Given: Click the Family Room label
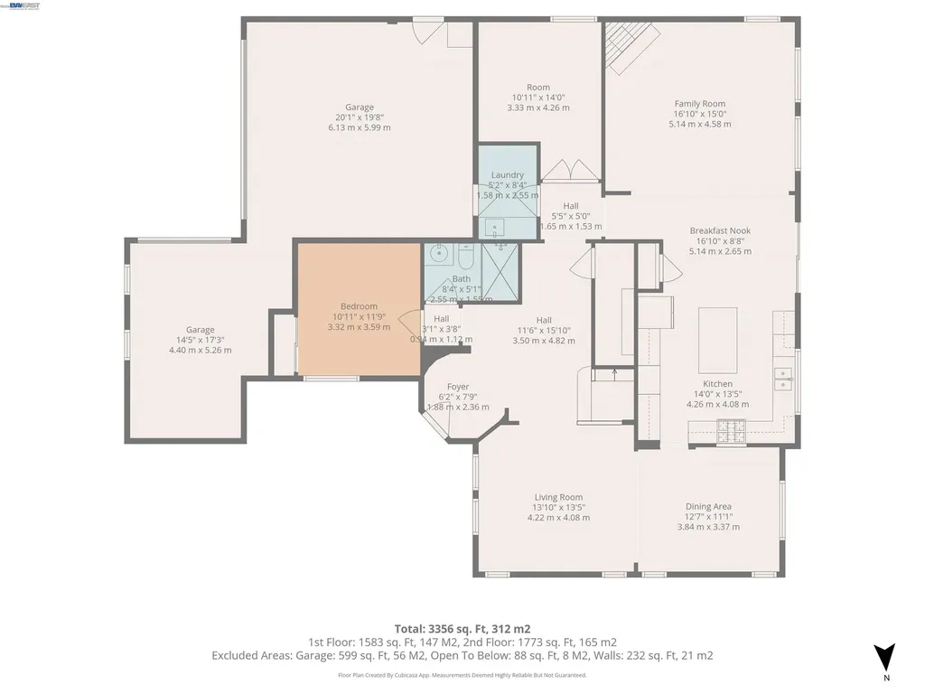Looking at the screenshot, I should [x=699, y=104].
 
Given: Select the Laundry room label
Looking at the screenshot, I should [x=507, y=174].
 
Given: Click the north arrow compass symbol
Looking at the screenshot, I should [x=885, y=657].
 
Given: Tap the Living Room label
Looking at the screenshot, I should [x=558, y=497].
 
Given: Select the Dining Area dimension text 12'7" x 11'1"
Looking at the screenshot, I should [x=708, y=517].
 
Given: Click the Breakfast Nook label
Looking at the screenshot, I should [x=720, y=230].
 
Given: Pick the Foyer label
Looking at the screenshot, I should [x=458, y=386].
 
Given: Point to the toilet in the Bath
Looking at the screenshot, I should [x=466, y=253].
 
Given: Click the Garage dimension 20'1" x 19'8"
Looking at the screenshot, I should [x=359, y=117].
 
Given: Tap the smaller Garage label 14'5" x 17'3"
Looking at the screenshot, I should [x=200, y=340].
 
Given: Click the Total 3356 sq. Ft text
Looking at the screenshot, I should [x=462, y=628].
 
